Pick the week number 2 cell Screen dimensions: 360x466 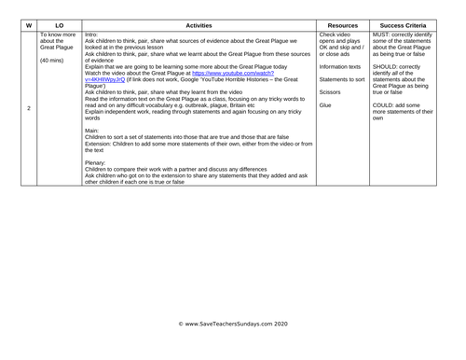click(x=29, y=109)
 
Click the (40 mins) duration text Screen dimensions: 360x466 click(x=53, y=61)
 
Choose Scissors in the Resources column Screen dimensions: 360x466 click(x=330, y=92)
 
